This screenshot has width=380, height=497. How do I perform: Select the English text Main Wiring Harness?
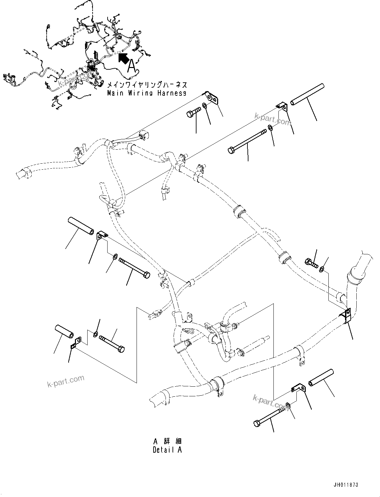(x=147, y=93)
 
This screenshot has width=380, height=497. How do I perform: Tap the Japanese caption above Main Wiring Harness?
(x=147, y=85)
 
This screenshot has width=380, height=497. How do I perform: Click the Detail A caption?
(x=167, y=450)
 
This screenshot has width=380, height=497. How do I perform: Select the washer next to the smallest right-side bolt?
(x=322, y=268)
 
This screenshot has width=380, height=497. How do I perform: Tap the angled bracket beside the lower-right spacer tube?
(x=298, y=388)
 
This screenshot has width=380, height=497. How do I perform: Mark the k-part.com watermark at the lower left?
(x=66, y=381)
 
